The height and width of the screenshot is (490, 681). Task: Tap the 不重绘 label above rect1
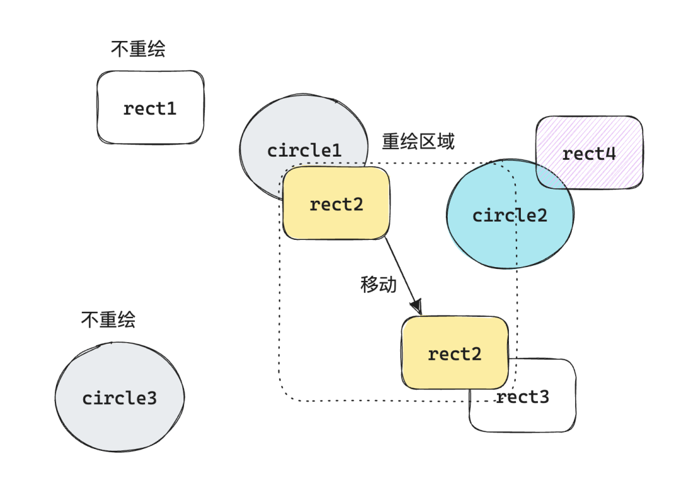tap(138, 49)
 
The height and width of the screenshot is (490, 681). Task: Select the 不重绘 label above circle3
tap(108, 320)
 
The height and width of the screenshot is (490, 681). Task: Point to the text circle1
tap(305, 151)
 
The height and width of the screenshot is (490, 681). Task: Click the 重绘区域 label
tap(418, 141)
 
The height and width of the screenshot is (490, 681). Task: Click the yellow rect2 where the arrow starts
tap(336, 204)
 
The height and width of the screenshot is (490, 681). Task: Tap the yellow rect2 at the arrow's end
tap(455, 354)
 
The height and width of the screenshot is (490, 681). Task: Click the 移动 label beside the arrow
tap(378, 285)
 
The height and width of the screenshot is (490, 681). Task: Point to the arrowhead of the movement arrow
tap(416, 306)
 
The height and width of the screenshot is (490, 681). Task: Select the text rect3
tap(523, 397)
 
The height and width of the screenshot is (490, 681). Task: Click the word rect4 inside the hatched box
tap(589, 153)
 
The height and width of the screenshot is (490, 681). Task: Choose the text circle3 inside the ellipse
tap(119, 398)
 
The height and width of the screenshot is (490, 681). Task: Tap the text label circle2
tap(510, 215)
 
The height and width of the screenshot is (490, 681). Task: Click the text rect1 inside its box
tap(150, 109)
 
